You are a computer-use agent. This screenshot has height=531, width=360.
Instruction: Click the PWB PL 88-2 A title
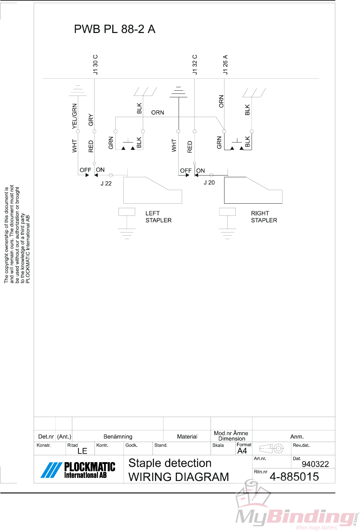click(114, 29)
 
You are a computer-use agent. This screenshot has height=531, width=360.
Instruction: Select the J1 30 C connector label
click(96, 65)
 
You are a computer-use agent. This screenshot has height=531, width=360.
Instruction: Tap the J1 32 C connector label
click(195, 65)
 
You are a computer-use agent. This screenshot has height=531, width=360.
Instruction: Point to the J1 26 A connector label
click(226, 65)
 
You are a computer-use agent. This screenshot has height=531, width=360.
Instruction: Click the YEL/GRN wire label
click(75, 116)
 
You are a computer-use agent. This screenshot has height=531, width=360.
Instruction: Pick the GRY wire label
click(91, 120)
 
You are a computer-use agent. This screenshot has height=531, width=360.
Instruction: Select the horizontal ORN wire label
click(157, 113)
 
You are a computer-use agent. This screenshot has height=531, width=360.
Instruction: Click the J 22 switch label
click(106, 183)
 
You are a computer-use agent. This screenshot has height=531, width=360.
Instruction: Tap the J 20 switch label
click(209, 182)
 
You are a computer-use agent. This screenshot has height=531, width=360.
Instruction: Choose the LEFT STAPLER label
click(158, 217)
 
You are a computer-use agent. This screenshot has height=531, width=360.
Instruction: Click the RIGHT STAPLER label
click(264, 217)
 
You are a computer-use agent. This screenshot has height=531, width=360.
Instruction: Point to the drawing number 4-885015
click(294, 476)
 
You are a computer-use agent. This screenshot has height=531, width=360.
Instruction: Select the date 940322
click(315, 464)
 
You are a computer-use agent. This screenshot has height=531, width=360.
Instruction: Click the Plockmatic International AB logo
click(79, 470)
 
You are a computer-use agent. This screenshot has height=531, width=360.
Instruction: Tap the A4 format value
click(242, 451)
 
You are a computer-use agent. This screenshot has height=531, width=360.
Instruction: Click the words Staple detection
click(170, 463)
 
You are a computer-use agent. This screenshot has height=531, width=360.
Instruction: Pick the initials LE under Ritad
click(82, 451)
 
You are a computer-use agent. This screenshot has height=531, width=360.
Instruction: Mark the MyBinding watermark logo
click(295, 511)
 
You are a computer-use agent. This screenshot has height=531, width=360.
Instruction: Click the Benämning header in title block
click(118, 436)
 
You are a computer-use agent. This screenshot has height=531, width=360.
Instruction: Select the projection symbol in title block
click(271, 449)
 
